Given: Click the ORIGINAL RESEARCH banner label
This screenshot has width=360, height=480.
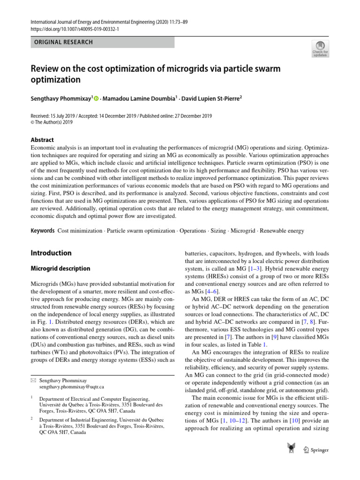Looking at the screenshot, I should [x=62, y=42].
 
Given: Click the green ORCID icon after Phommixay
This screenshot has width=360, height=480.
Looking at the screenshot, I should [x=97, y=98].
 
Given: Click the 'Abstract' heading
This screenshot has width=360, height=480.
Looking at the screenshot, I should [x=42, y=140].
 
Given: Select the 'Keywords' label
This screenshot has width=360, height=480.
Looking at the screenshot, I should [x=43, y=231].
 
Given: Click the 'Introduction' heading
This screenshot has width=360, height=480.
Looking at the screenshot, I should [x=51, y=253].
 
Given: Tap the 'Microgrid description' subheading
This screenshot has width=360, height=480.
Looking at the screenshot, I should [x=60, y=269].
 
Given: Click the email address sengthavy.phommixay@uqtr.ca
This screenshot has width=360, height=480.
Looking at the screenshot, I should [x=71, y=387].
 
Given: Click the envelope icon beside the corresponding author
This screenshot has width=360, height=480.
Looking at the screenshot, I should [x=33, y=380].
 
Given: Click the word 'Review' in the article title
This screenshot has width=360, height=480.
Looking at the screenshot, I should [x=46, y=69].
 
